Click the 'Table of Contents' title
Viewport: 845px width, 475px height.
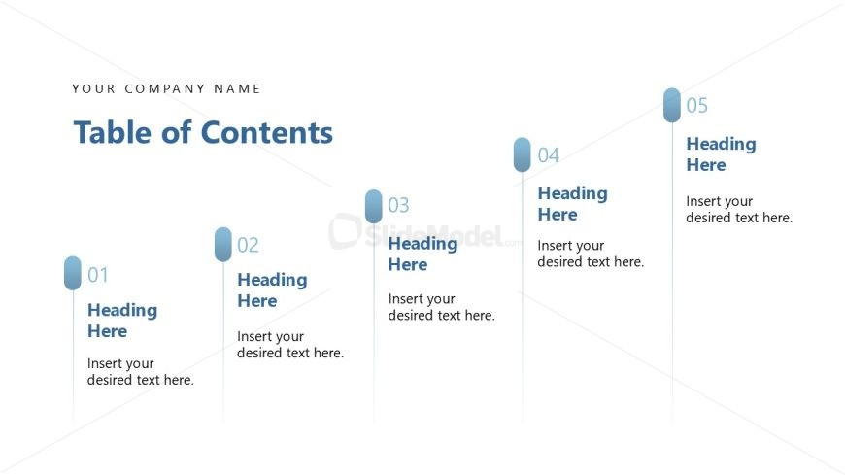pyautogui.click(x=203, y=132)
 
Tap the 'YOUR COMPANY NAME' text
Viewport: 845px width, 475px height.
pyautogui.click(x=166, y=88)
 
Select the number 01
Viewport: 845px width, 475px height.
pyautogui.click(x=98, y=275)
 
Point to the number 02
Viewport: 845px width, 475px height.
pyautogui.click(x=248, y=245)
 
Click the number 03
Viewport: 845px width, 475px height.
pyautogui.click(x=398, y=205)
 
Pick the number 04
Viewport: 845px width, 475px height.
pyautogui.click(x=549, y=155)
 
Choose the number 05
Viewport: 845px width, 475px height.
pyautogui.click(x=697, y=106)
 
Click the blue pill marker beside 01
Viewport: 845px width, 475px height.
pyautogui.click(x=73, y=273)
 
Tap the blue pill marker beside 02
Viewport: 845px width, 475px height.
pyautogui.click(x=223, y=244)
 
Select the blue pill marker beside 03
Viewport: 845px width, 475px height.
pyautogui.click(x=374, y=206)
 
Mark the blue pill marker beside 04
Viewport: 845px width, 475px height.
pyautogui.click(x=523, y=154)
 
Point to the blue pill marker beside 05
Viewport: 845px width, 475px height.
pyautogui.click(x=672, y=105)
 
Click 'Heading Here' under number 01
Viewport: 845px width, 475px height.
pyautogui.click(x=122, y=321)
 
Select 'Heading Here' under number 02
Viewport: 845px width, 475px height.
pyautogui.click(x=272, y=290)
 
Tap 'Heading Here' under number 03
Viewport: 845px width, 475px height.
pyautogui.click(x=422, y=254)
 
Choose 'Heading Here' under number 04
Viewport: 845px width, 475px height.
pyautogui.click(x=572, y=204)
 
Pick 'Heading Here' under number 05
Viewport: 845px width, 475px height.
pyautogui.click(x=721, y=154)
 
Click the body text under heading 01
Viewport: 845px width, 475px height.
pyautogui.click(x=140, y=372)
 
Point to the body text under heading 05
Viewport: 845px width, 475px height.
pyautogui.click(x=739, y=210)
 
